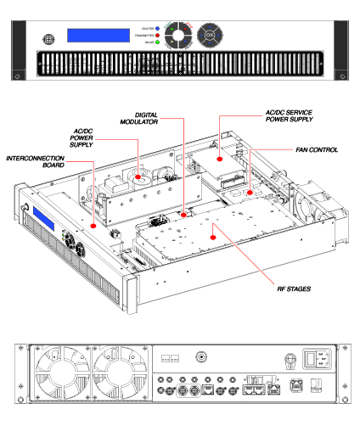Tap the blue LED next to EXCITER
tap(157, 30)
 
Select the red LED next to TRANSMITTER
tap(157, 36)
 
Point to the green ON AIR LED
tap(157, 43)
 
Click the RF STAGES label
tap(292, 289)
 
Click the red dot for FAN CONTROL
tap(248, 192)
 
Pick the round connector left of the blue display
tap(49, 38)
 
